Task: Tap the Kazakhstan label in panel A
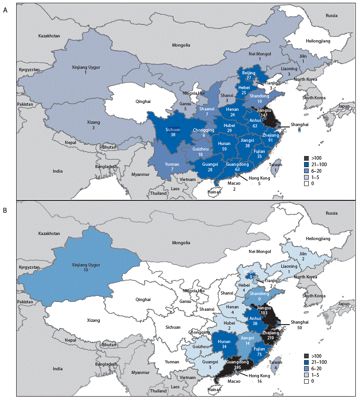(50, 36)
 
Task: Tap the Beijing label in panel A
(249, 73)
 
